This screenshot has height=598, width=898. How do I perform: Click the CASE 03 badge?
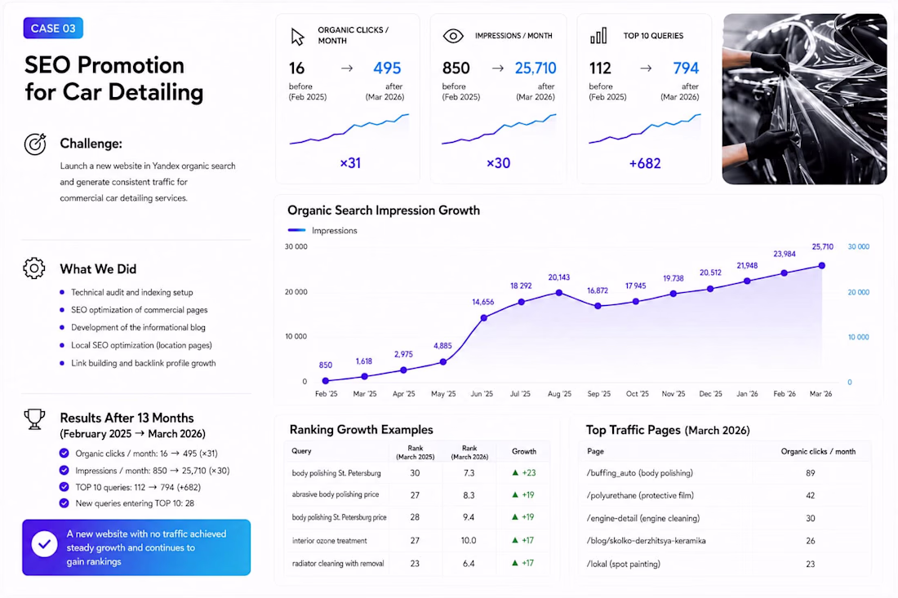(x=53, y=28)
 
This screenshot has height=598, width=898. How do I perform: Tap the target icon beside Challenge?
(x=35, y=144)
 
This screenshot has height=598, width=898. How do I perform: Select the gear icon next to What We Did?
(x=34, y=268)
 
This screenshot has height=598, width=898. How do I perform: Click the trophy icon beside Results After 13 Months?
(x=34, y=419)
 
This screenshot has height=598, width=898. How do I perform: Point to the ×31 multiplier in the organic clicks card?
(x=350, y=163)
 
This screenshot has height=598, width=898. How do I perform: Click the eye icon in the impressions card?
(x=453, y=36)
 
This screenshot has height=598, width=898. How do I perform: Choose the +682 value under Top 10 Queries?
(x=645, y=164)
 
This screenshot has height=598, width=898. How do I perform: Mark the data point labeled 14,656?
(x=484, y=317)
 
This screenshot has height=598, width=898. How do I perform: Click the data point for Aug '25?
(x=559, y=293)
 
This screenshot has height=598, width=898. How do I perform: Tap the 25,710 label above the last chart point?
(x=822, y=246)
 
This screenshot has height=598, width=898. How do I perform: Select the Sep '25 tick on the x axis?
(x=599, y=394)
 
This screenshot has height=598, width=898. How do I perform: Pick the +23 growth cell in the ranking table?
(x=524, y=472)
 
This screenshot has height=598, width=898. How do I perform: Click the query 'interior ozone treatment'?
(x=329, y=540)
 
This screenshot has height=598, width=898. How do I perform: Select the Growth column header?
(x=524, y=451)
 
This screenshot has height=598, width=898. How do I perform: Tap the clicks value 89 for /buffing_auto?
(x=811, y=473)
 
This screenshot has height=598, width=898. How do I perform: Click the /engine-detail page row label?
(x=643, y=519)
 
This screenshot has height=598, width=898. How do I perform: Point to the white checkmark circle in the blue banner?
(x=44, y=544)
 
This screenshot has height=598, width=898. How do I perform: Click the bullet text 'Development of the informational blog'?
(x=138, y=327)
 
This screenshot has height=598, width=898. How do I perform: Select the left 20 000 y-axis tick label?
(x=296, y=292)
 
